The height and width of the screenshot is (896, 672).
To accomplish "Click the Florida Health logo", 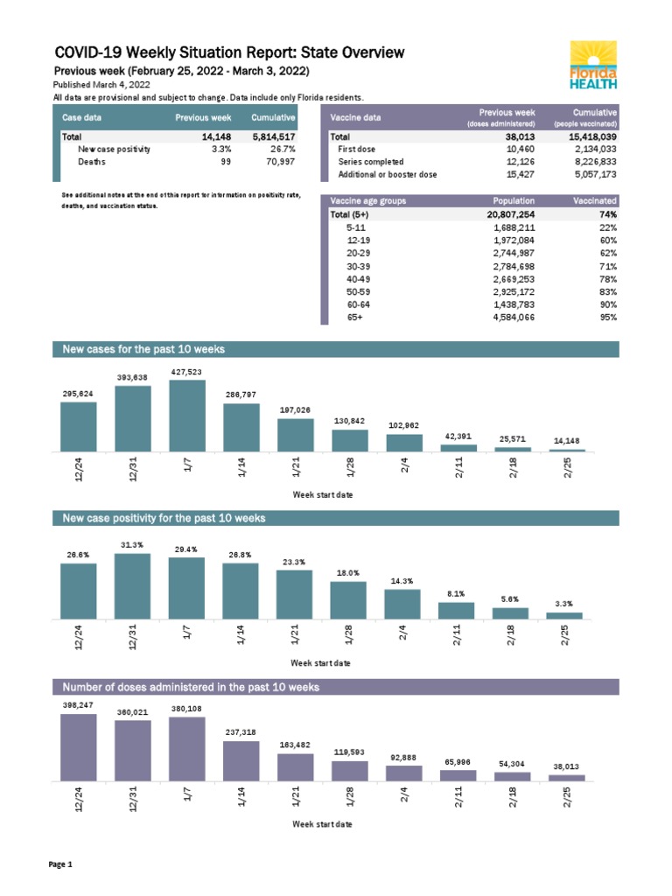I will coord(594,65).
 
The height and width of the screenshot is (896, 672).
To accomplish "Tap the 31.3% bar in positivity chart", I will coord(132,585).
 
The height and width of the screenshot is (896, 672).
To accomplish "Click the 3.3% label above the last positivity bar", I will coord(564,604).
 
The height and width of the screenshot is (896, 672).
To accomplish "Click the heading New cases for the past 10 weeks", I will coord(144,349).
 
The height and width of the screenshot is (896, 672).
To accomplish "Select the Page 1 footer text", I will coord(60,865).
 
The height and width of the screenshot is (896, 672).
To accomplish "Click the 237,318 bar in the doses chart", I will coord(241,760).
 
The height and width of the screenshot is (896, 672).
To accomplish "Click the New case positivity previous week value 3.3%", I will coord(219,150).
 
